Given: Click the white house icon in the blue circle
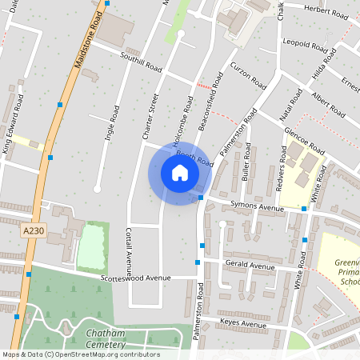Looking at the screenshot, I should pyautogui.click(x=179, y=173).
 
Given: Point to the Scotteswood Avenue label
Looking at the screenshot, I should pyautogui.click(x=136, y=278).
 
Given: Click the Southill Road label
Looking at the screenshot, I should pyautogui.click(x=142, y=61).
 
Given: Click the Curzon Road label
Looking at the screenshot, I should pyautogui.click(x=247, y=75).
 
